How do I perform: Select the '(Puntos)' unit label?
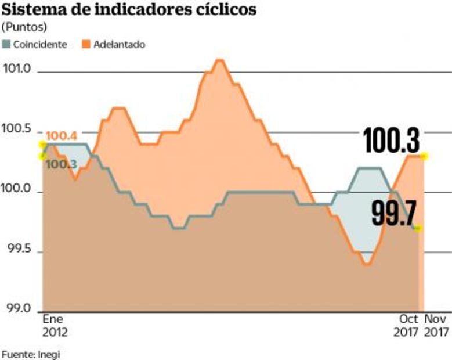[25, 27]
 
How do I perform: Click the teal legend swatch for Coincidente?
[7, 44]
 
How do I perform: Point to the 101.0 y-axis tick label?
[17, 69]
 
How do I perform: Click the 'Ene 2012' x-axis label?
[55, 326]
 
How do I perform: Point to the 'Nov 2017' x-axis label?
[437, 326]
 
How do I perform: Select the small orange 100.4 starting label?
[59, 136]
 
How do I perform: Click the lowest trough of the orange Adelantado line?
[367, 264]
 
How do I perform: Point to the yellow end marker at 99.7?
[418, 228]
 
